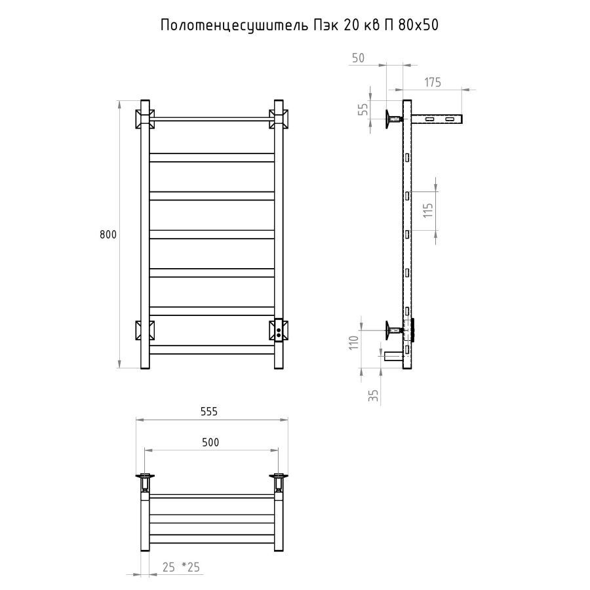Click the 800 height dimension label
point(108,235)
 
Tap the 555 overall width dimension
point(209,412)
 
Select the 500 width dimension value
point(210,442)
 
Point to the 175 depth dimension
point(433,82)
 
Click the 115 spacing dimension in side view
point(428,210)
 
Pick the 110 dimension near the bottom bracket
point(354,343)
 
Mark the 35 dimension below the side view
point(373,395)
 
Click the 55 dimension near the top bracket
point(363,109)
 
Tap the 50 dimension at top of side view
point(358,58)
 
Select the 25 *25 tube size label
point(181,567)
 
